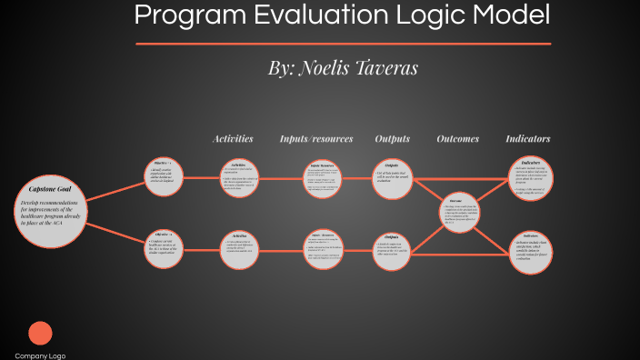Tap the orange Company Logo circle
(40, 334)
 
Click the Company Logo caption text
(40, 355)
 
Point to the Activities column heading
(233, 139)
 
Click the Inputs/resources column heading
(316, 139)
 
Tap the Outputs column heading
(393, 139)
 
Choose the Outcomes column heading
(458, 139)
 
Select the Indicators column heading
(528, 139)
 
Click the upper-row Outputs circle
(393, 176)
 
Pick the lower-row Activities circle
(240, 247)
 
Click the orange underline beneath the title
(344, 43)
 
